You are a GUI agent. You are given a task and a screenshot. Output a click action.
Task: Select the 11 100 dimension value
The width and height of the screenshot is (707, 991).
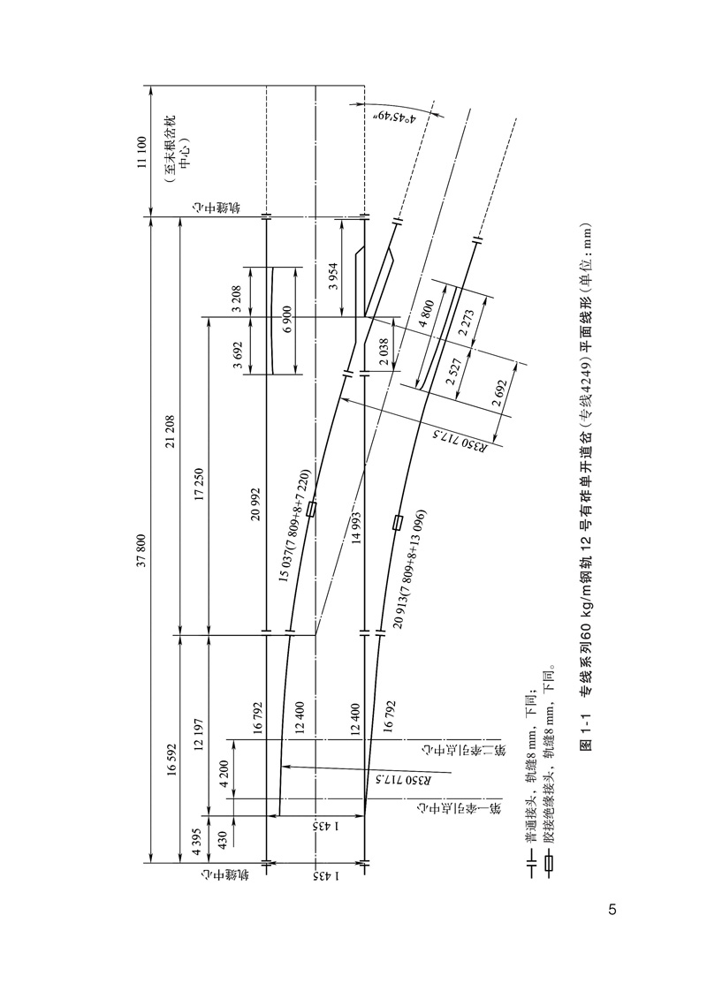[x=141, y=150]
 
